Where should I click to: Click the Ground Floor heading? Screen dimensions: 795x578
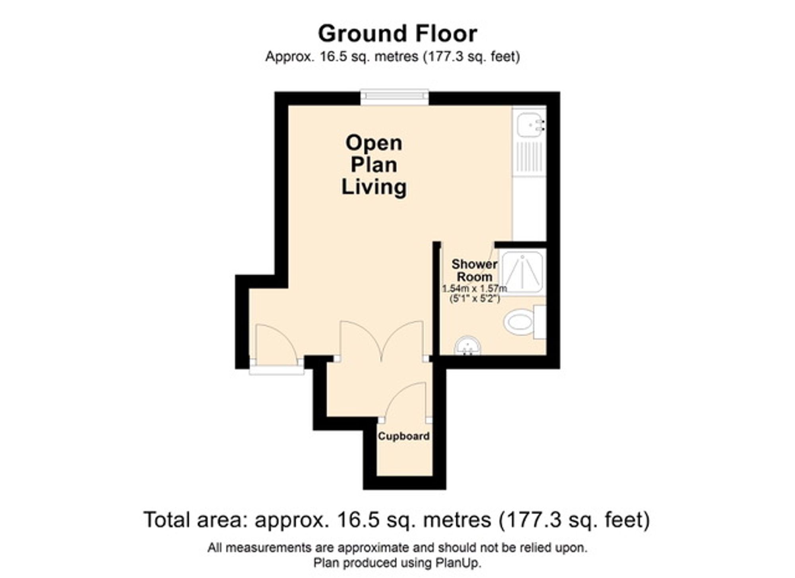[x=397, y=34]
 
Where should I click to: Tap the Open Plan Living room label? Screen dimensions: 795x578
[x=374, y=165]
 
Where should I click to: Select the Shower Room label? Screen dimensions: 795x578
[x=474, y=270]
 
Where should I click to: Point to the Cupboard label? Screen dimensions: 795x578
[x=403, y=436]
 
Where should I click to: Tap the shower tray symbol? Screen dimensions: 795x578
[x=522, y=272]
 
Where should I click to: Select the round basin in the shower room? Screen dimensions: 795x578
[x=467, y=346]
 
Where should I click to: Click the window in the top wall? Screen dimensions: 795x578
[x=394, y=98]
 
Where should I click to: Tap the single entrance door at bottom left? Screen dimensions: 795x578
[x=276, y=344]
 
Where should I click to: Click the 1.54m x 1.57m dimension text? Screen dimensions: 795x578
[x=475, y=288]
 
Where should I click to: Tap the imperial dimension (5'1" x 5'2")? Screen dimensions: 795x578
[x=474, y=299]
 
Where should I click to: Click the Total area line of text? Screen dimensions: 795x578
[x=397, y=520]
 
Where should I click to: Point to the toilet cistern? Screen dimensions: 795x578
[x=540, y=322]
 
